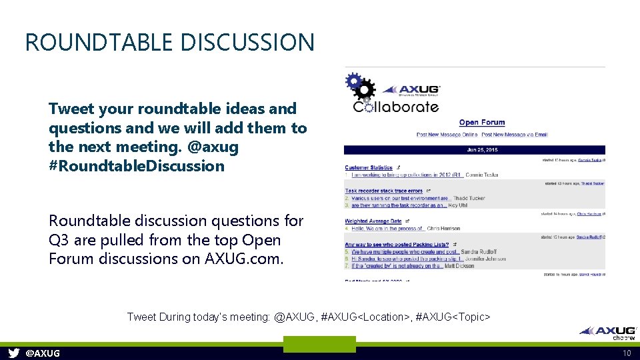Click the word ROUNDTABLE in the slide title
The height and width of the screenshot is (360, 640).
point(90,42)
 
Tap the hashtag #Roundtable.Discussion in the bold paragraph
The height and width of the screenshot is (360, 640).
point(137,166)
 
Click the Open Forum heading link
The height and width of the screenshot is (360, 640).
point(481,123)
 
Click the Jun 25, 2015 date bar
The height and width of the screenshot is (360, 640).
point(475,150)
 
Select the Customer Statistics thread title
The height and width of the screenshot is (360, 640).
point(369,167)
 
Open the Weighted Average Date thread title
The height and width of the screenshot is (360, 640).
point(373,221)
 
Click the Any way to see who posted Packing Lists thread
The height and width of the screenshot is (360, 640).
point(397,245)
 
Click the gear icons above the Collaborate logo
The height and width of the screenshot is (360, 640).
point(360,87)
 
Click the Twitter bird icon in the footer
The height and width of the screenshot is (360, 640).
point(14,353)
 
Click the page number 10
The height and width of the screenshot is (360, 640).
point(627,353)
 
